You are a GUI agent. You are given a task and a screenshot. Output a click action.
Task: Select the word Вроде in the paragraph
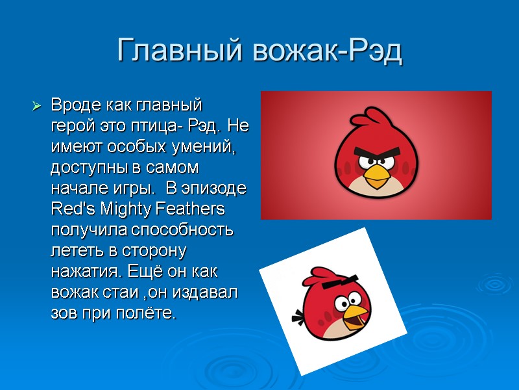pyautogui.click(x=72, y=105)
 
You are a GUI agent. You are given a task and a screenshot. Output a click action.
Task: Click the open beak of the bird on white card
pyautogui.click(x=354, y=317)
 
